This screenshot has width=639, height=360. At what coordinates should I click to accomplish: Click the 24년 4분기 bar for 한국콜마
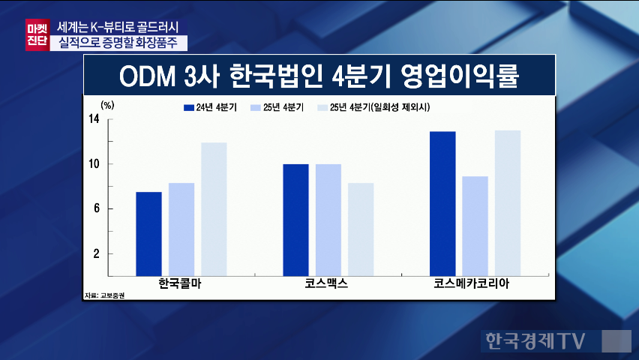click(x=148, y=234)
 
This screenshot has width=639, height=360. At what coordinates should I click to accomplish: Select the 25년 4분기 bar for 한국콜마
click(x=181, y=229)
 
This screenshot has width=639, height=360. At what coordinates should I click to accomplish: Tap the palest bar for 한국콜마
click(x=214, y=209)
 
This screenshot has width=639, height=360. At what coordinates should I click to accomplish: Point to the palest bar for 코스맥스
click(x=361, y=229)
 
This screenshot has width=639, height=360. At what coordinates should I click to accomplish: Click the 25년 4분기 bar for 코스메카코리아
click(x=475, y=226)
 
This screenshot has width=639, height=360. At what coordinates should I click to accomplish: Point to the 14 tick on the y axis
click(x=94, y=119)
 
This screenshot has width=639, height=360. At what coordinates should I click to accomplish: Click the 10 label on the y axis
click(x=94, y=164)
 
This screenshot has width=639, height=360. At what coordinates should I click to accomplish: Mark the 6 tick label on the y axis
click(x=97, y=209)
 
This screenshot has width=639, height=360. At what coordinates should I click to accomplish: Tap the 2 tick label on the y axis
click(x=97, y=254)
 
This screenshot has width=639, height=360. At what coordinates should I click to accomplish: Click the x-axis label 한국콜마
click(x=181, y=285)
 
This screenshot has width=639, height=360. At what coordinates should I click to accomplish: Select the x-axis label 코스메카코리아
click(x=475, y=285)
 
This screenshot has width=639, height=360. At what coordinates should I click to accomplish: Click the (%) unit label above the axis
click(x=107, y=105)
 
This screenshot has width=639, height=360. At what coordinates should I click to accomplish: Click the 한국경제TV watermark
click(x=533, y=341)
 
